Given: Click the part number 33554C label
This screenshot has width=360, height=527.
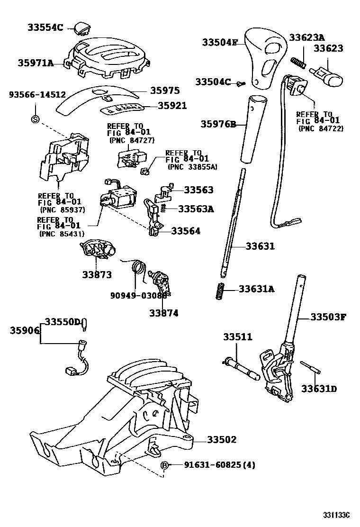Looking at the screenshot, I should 44,27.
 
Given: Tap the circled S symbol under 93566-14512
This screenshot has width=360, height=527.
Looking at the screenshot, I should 35,118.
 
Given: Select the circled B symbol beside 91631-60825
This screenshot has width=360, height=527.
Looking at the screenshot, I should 165,465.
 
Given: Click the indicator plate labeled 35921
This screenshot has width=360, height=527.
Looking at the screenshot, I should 122,109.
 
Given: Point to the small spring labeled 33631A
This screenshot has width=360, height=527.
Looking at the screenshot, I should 220,291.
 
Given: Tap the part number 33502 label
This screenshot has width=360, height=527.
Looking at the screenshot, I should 221,440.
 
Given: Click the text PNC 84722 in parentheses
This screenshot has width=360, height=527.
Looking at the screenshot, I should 321,128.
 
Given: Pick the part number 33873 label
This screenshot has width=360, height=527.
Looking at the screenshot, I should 97,274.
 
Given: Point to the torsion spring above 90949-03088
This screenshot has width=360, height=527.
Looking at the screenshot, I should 137,269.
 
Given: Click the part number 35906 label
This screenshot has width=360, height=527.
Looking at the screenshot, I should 20,330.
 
